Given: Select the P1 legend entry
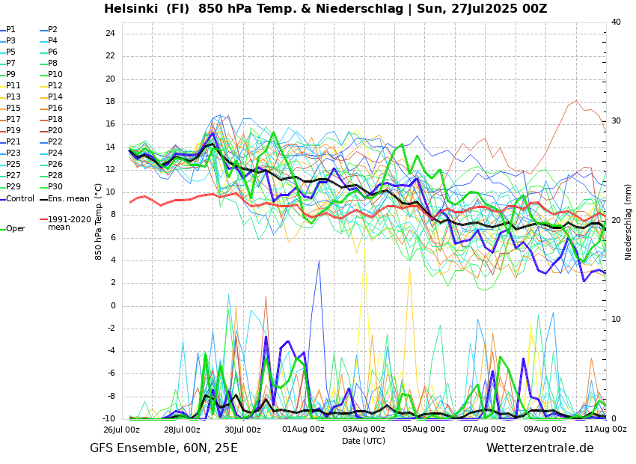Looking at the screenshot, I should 10,30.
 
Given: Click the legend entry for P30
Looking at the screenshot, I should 55,187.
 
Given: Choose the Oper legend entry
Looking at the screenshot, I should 16,229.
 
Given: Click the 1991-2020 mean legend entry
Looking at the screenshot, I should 69,223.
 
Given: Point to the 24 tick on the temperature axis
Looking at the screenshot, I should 110,34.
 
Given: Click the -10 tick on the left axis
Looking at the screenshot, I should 108,418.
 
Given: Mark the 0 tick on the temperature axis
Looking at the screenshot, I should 112,305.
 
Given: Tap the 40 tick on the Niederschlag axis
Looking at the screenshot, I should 616,22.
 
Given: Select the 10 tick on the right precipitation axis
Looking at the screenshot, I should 616,320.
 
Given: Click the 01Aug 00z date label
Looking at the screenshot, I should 303,430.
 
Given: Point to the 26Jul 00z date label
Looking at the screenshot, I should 121,430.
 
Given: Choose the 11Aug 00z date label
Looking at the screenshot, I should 605,430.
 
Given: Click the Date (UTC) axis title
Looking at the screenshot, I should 364,441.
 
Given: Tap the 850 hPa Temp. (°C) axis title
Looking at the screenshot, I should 99,222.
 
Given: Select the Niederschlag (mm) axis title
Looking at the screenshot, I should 629,222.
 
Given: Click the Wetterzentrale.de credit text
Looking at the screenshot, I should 539,448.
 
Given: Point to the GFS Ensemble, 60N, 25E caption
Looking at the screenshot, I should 164,448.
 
